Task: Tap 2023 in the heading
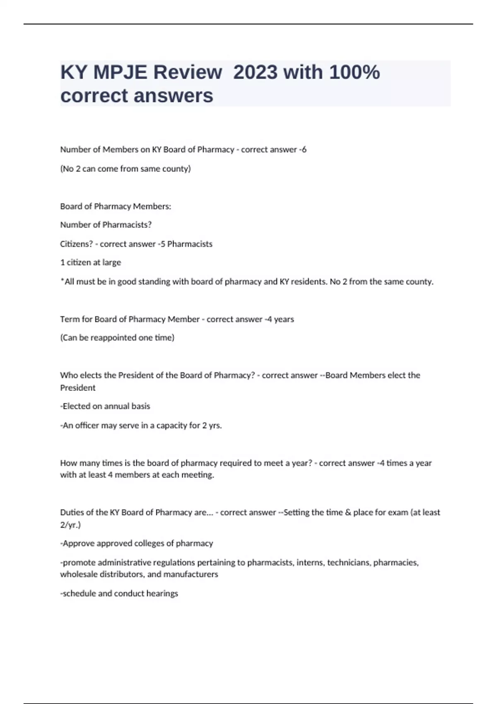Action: click(x=255, y=72)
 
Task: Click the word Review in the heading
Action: click(x=188, y=72)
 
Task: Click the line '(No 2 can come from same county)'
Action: click(x=125, y=169)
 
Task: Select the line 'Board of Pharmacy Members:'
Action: click(x=116, y=206)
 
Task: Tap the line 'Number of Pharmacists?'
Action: click(x=106, y=225)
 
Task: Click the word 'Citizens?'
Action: click(x=77, y=244)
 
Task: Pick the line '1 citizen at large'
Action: click(x=90, y=263)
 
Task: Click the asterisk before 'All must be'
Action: click(x=62, y=281)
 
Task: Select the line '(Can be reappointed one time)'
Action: click(x=117, y=338)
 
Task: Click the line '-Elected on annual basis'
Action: click(x=105, y=406)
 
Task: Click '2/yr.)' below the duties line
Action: click(x=70, y=525)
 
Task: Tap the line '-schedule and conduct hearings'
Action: click(x=119, y=593)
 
